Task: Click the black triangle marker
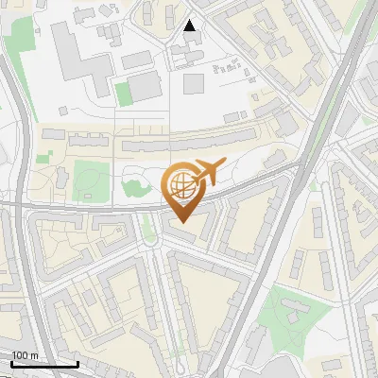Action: coord(190,26)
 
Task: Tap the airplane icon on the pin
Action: coord(208,173)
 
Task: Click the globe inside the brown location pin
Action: coord(180,183)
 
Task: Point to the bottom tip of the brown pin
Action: coord(180,222)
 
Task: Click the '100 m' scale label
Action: coord(26,355)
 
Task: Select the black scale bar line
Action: coord(44,364)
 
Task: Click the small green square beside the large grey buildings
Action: coord(123,93)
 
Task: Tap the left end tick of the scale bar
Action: coord(11,364)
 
